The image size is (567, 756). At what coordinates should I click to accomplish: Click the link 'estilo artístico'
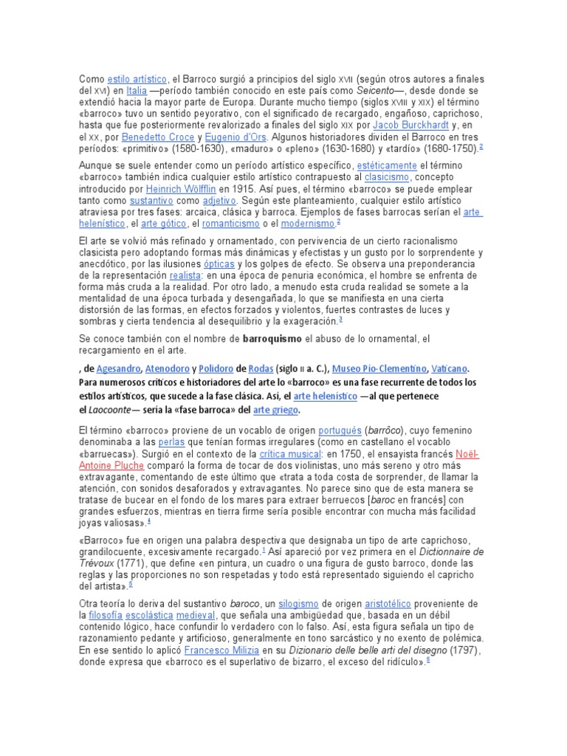pyautogui.click(x=137, y=79)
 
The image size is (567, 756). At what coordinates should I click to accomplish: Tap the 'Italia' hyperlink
pyautogui.click(x=137, y=91)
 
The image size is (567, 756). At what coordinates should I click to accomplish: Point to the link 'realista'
pyautogui.click(x=185, y=275)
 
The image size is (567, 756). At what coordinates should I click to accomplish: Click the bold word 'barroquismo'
pyautogui.click(x=272, y=339)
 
